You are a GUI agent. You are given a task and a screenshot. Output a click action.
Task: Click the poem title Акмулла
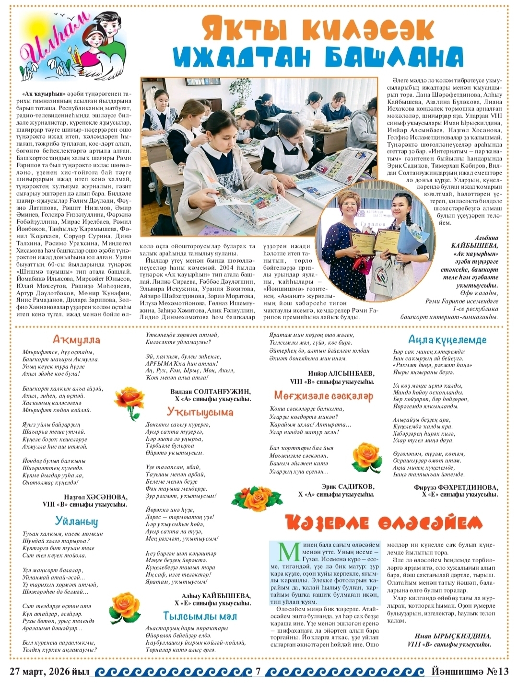coord(77,340)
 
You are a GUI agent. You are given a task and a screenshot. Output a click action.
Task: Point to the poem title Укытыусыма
coord(200,412)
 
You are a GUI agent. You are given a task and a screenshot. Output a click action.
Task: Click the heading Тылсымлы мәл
coord(200,616)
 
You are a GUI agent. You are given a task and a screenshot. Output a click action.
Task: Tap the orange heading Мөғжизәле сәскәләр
coord(324,396)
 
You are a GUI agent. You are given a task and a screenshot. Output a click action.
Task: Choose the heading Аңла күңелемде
coord(447,340)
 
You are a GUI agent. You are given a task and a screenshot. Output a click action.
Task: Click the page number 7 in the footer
coord(259,672)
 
